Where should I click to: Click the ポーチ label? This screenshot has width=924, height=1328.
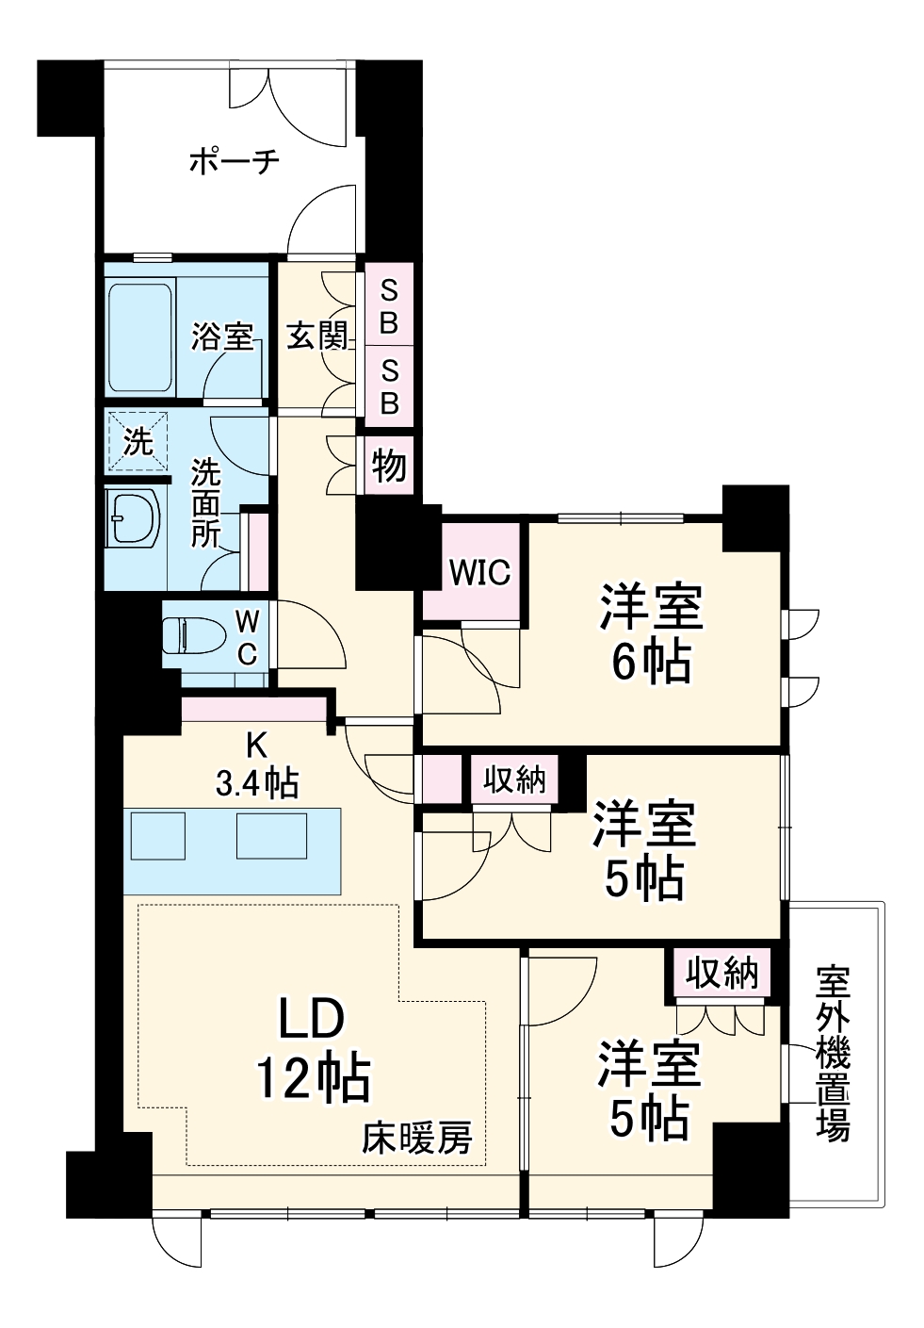pyautogui.click(x=235, y=162)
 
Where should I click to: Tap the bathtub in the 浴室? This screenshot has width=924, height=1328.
pyautogui.click(x=140, y=337)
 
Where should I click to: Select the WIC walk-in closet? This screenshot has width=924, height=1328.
pyautogui.click(x=479, y=572)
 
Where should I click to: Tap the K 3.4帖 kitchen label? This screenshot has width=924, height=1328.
pyautogui.click(x=256, y=764)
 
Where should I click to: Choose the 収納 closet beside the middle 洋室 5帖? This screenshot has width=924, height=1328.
pyautogui.click(x=514, y=780)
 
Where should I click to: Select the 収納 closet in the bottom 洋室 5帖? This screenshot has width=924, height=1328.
pyautogui.click(x=721, y=974)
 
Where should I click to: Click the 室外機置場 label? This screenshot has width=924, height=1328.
pyautogui.click(x=833, y=1052)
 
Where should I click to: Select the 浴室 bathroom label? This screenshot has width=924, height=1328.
pyautogui.click(x=222, y=336)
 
